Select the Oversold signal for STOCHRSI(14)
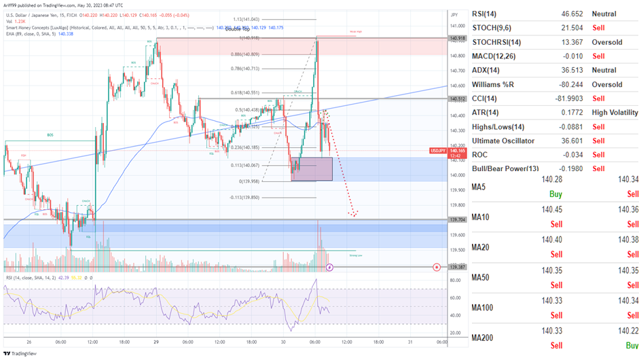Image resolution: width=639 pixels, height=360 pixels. click(606, 42)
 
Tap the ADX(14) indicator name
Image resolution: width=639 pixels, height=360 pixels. click(490, 70)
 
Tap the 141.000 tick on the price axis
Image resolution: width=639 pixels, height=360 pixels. click(457, 26)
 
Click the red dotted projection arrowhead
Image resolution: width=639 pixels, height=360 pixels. click(354, 215)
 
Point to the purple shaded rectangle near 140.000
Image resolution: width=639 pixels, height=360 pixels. click(312, 168)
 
